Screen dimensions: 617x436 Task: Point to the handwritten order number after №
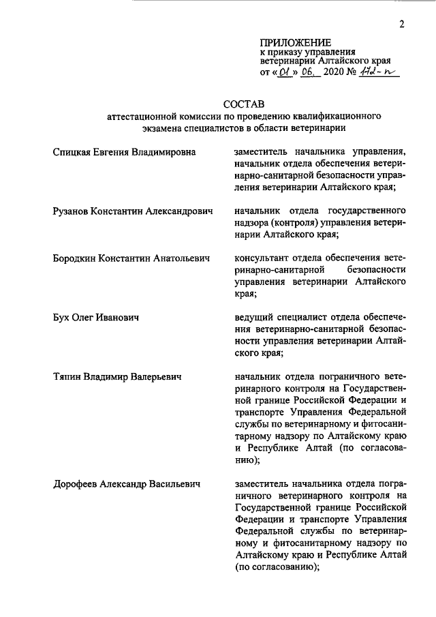[379, 70]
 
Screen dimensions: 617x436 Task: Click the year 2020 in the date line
[331, 71]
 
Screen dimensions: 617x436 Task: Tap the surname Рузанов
[73, 211]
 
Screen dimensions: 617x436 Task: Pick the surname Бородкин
[76, 258]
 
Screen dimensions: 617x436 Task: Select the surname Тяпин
[70, 376]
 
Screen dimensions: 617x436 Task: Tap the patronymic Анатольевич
[174, 258]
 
